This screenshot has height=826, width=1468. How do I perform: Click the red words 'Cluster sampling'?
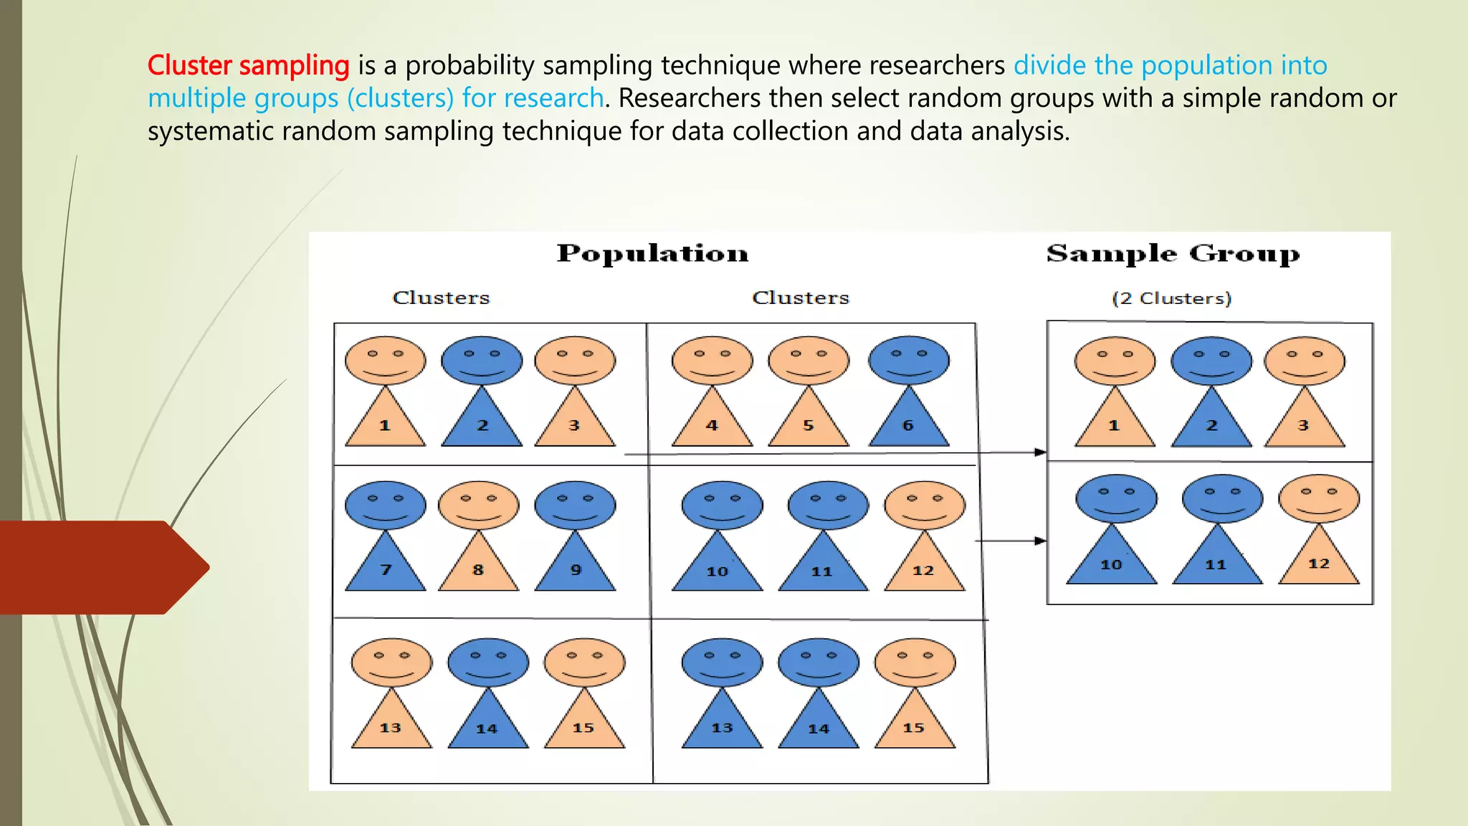[248, 66]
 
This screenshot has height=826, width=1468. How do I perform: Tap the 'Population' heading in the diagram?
[652, 254]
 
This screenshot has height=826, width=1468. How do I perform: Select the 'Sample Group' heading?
[1173, 254]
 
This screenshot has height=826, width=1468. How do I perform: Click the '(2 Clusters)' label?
[1171, 298]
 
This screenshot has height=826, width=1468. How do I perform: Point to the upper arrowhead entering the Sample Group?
[1040, 452]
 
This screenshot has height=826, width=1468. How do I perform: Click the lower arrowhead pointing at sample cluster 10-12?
[1040, 541]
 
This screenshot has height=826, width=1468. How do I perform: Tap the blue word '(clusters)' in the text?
[400, 99]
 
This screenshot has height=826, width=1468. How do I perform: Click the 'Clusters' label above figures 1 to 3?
[441, 298]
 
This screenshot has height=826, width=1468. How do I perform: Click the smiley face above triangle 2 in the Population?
[482, 361]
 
